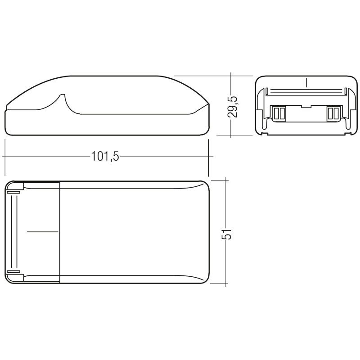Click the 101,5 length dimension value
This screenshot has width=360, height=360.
pos(105,157)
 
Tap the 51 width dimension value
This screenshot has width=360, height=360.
pos(226,234)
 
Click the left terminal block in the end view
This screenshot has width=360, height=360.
pos(278,113)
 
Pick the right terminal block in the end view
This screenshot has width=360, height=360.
pos(334,113)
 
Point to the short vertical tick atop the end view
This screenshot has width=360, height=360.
pos(306,83)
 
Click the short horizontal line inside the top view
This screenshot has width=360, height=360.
pos(43,232)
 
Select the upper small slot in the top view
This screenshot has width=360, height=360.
pos(14,192)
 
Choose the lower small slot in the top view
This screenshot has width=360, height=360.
pos(14,272)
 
